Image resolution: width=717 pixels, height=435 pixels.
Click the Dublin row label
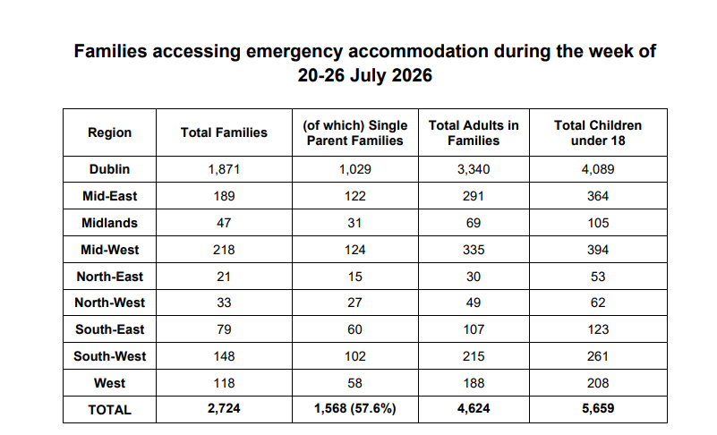coord(110,169)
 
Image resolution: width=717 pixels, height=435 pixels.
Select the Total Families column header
coord(224,132)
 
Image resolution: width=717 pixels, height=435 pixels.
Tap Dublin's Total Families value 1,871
coord(224,169)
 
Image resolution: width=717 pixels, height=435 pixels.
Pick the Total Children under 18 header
coord(598,132)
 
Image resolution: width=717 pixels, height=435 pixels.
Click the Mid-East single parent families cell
coord(354,196)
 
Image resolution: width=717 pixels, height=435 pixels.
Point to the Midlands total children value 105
coord(598,223)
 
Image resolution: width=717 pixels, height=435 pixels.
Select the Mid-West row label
coord(110,250)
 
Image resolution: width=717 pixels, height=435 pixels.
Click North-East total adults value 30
coord(474,277)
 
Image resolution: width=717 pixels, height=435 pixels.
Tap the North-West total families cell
coord(224,303)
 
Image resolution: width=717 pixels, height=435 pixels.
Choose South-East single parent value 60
coord(354,329)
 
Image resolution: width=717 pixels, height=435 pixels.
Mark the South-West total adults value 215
coord(474,356)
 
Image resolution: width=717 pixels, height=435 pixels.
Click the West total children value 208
coord(598,383)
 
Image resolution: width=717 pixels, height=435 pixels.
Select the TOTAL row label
coord(110,410)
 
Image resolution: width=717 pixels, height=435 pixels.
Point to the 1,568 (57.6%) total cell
coord(354,408)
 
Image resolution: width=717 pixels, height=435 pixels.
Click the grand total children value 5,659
coord(598,408)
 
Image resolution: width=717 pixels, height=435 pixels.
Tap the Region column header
coord(110,132)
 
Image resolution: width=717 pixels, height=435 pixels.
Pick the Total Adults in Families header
coord(474,132)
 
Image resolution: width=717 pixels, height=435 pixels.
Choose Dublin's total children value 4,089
coord(598,169)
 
